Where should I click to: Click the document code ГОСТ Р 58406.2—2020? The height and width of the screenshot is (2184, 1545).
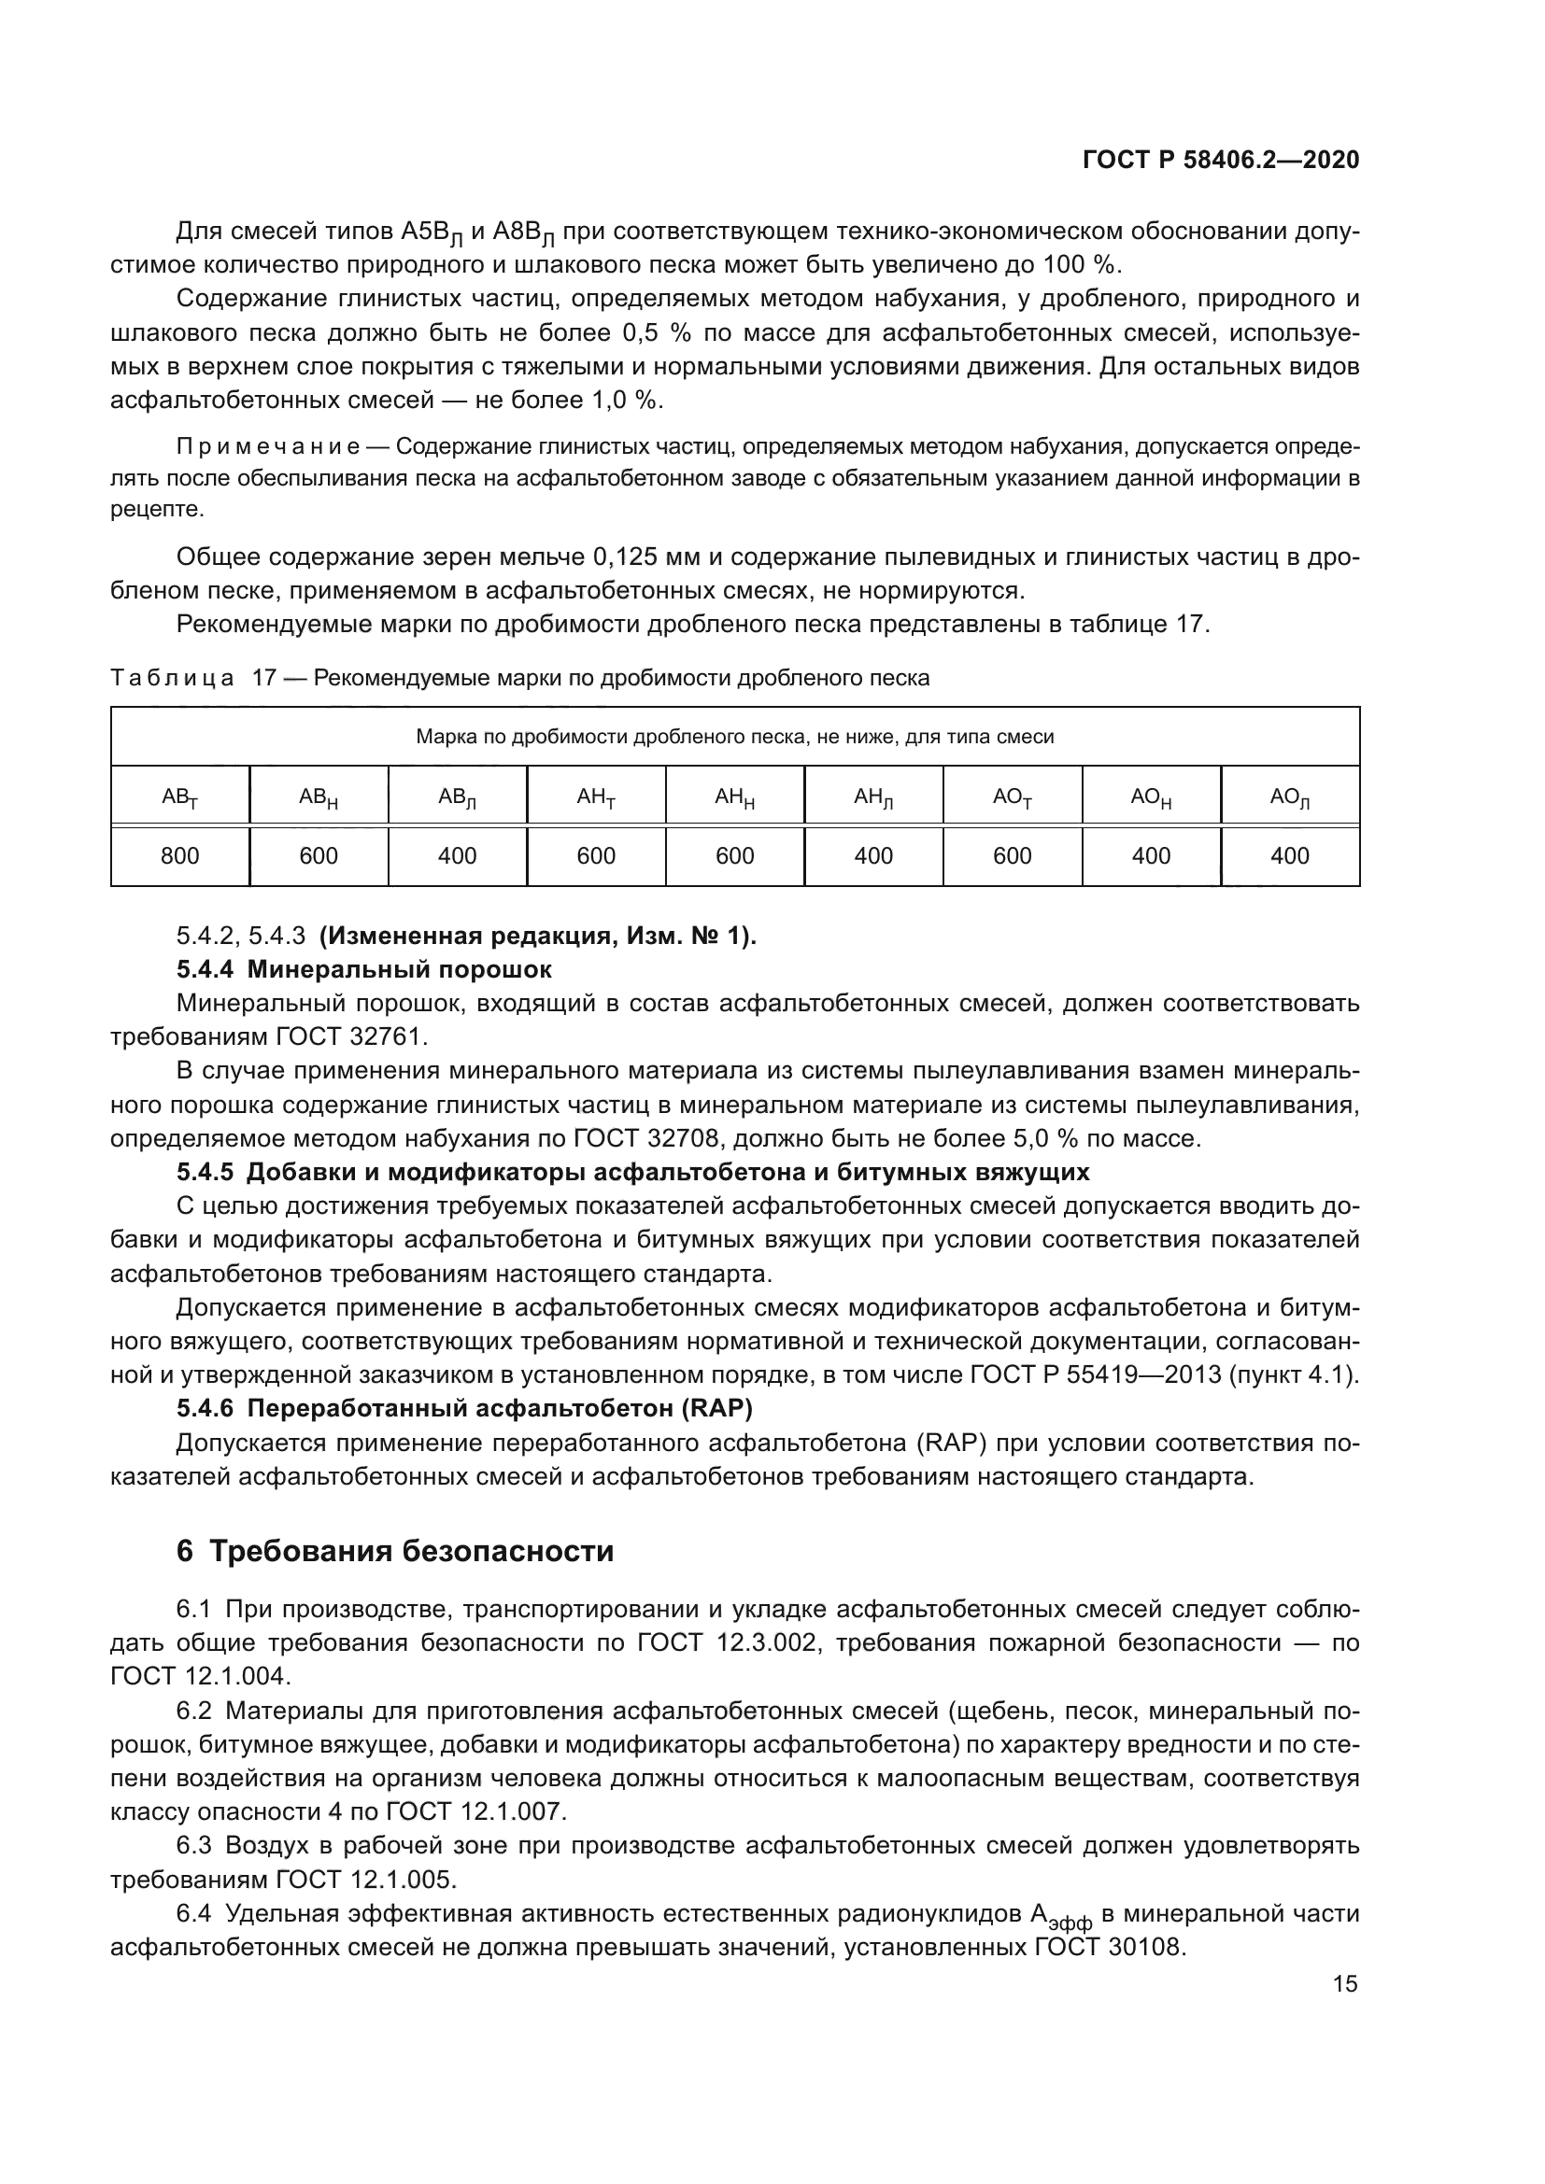click(x=1221, y=160)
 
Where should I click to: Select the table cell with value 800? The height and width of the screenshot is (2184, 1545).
click(x=179, y=856)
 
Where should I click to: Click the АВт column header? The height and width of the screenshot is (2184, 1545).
click(x=179, y=797)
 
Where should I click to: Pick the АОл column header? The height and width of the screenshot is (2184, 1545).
click(x=1290, y=797)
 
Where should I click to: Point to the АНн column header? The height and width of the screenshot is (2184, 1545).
click(x=734, y=797)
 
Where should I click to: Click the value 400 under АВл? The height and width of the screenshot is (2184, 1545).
click(x=457, y=856)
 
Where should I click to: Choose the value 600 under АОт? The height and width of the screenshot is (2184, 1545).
click(x=1013, y=856)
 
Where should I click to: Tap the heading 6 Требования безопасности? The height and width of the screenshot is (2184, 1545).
click(x=395, y=1552)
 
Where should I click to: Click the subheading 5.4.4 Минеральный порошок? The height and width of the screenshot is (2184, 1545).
click(x=363, y=969)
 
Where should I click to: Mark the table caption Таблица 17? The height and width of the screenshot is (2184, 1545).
click(x=192, y=678)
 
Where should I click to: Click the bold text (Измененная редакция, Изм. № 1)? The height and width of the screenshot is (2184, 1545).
click(x=537, y=936)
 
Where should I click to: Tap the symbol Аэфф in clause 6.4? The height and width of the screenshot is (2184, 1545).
click(x=1061, y=1915)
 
